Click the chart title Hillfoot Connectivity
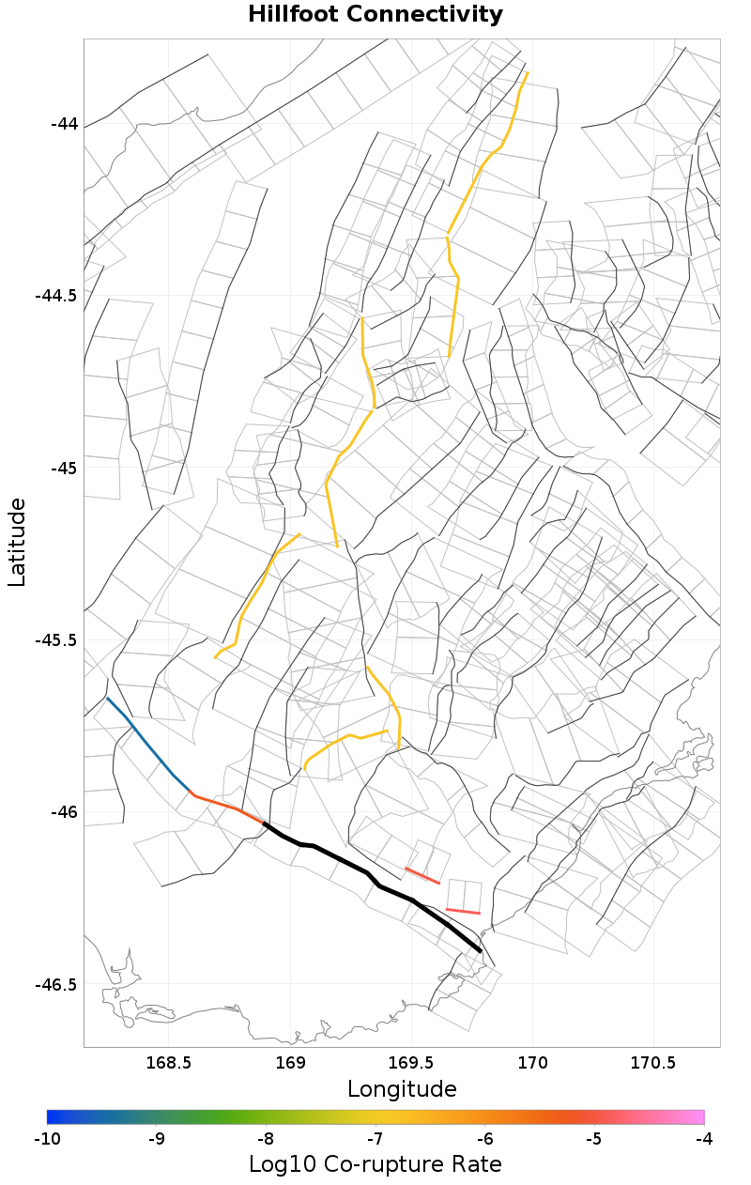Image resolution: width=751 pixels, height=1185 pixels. click(375, 15)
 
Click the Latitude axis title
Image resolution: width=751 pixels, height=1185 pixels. click(17, 542)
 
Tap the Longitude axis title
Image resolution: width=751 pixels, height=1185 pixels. click(402, 1089)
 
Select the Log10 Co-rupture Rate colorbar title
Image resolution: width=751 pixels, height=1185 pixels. click(375, 1164)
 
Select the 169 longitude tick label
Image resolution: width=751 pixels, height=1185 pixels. click(291, 1064)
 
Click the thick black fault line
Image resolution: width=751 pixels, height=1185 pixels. click(366, 874)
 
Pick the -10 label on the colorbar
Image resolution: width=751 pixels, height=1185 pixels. click(47, 1139)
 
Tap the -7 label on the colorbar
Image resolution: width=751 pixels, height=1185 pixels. click(375, 1139)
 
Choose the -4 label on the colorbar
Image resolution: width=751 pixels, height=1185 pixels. click(703, 1139)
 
